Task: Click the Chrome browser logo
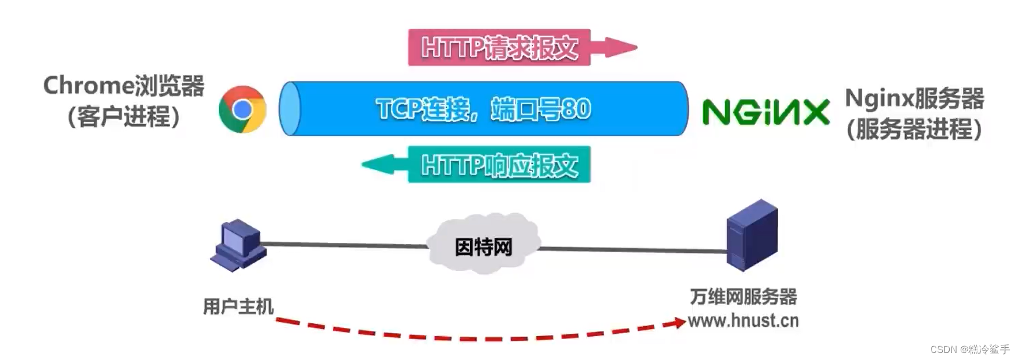point(242,109)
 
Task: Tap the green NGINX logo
point(766,112)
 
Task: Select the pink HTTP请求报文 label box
point(499,47)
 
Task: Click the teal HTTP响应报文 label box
point(499,165)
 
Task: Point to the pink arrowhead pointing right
point(619,47)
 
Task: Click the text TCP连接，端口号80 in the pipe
point(484,109)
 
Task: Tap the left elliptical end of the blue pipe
point(290,109)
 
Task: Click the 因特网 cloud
point(483,246)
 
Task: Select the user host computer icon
point(238,245)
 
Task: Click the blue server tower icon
point(752,235)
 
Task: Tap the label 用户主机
point(238,306)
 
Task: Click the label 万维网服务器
point(743,297)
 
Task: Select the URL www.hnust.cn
point(743,320)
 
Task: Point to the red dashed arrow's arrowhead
point(678,322)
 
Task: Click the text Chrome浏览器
point(124,86)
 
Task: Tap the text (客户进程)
point(124,117)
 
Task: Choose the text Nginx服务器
point(914,98)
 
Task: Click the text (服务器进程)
point(914,129)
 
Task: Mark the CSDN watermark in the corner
point(969,349)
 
